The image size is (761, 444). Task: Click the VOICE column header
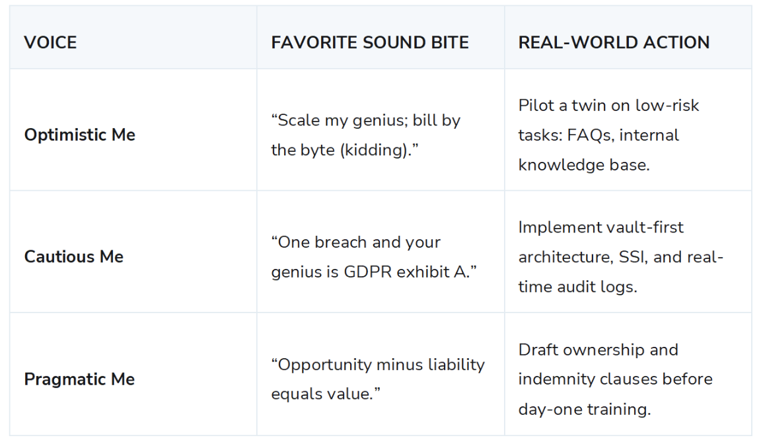click(50, 43)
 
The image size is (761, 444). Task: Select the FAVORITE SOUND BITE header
click(370, 43)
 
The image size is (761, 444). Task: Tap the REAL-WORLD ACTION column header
click(614, 43)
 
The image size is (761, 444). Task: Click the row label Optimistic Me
click(79, 135)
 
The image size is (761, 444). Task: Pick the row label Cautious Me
click(74, 257)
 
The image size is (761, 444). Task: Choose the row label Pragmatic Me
click(79, 379)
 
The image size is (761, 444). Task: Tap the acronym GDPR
click(368, 272)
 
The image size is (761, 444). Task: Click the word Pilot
click(536, 105)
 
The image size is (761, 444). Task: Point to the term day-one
click(550, 410)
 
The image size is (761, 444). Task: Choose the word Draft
click(538, 350)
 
